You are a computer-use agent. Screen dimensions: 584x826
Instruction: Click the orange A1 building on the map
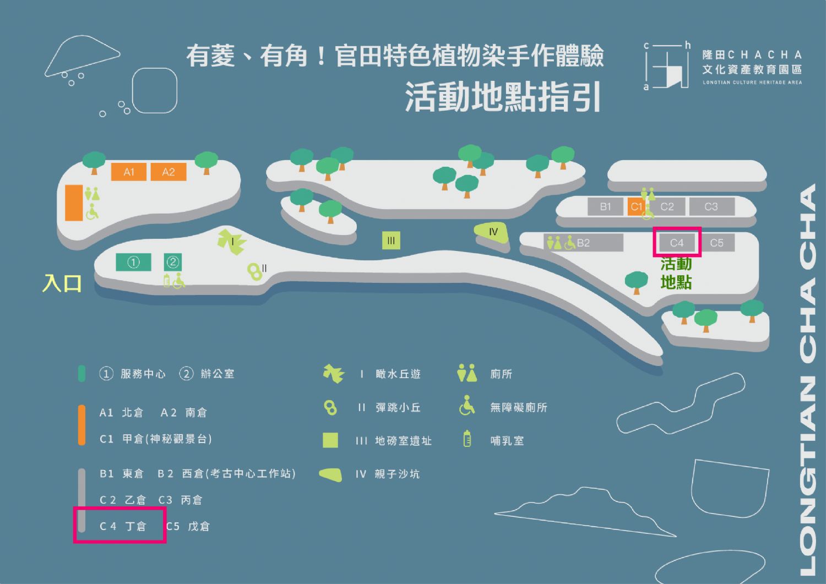(128, 172)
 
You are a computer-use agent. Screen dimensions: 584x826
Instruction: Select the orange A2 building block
(168, 172)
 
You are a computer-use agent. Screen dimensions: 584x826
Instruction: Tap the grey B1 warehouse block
(606, 206)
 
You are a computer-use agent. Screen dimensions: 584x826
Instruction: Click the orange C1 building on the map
(635, 206)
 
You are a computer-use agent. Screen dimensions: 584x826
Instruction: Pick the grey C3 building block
(711, 206)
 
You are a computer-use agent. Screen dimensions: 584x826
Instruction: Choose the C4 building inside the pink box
(677, 243)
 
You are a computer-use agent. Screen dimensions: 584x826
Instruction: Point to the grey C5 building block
(717, 243)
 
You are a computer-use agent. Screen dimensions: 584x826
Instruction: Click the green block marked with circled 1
(133, 262)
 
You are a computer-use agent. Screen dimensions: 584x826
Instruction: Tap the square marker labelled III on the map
(391, 241)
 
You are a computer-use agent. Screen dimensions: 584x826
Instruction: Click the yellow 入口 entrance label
(62, 283)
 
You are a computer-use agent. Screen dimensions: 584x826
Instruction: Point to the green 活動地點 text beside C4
(676, 273)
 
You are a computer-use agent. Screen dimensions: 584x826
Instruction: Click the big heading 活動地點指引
(503, 98)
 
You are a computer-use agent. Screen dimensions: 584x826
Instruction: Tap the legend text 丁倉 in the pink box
(135, 527)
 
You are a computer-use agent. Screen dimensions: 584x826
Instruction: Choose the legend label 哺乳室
(507, 441)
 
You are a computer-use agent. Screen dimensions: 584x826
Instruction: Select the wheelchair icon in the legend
(467, 406)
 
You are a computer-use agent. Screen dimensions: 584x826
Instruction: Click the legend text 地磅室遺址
(403, 441)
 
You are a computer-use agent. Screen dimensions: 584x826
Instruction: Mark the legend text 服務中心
(143, 374)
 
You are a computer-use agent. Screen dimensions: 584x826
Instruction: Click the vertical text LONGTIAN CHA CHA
(807, 380)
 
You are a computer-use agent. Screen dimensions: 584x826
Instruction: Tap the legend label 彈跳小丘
(398, 408)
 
